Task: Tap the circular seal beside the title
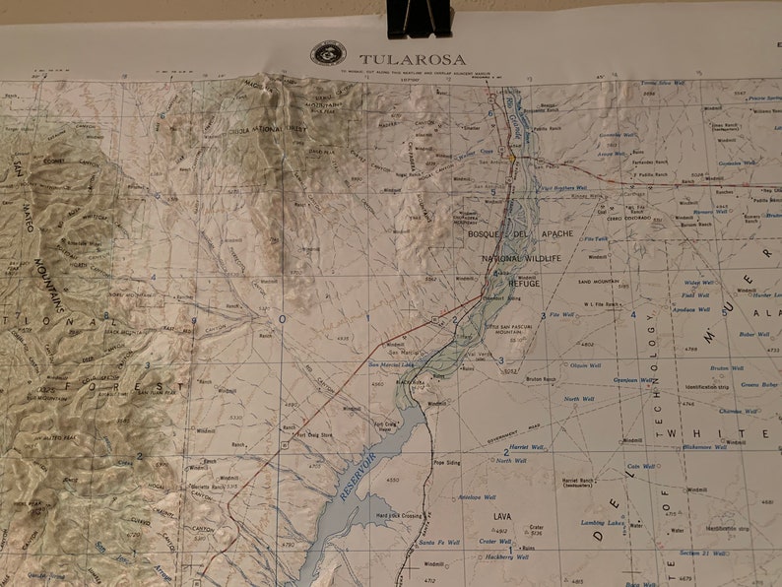[x=328, y=53]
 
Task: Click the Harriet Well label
[x=513, y=447]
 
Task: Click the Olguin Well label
[x=585, y=365]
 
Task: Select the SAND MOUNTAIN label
[x=598, y=281]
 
